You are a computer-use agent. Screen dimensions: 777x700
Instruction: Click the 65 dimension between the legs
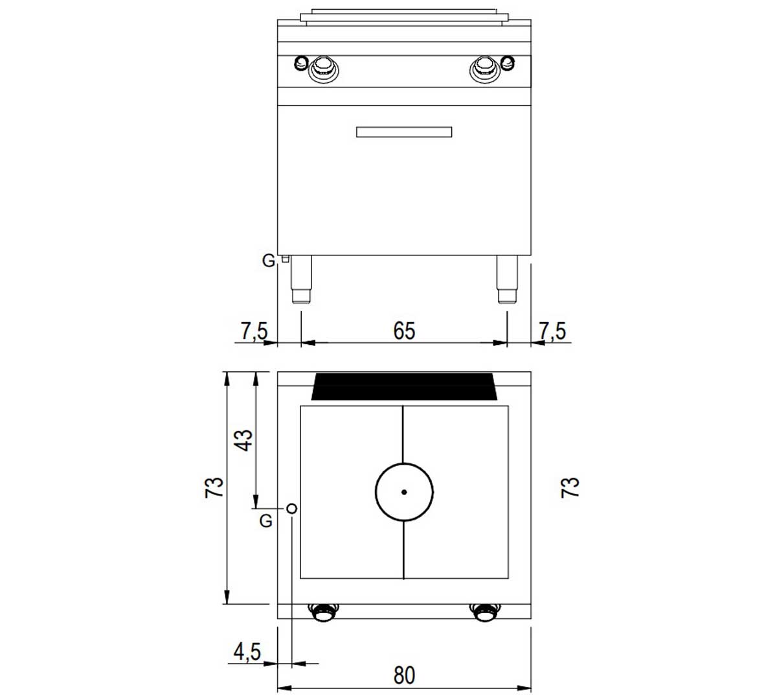tap(404, 331)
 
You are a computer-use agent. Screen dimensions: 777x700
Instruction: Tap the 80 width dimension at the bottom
tap(404, 675)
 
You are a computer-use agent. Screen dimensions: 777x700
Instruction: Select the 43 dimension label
tap(244, 440)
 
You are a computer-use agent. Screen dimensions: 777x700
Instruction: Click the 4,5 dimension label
tap(247, 651)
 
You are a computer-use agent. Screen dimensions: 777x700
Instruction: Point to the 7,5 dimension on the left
tap(254, 331)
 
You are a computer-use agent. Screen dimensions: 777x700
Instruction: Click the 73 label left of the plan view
tap(214, 487)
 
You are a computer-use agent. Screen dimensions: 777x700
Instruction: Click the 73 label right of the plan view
tap(570, 487)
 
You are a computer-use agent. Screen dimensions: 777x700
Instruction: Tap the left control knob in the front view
tap(323, 69)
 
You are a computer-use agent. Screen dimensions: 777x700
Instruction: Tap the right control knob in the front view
tap(484, 69)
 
